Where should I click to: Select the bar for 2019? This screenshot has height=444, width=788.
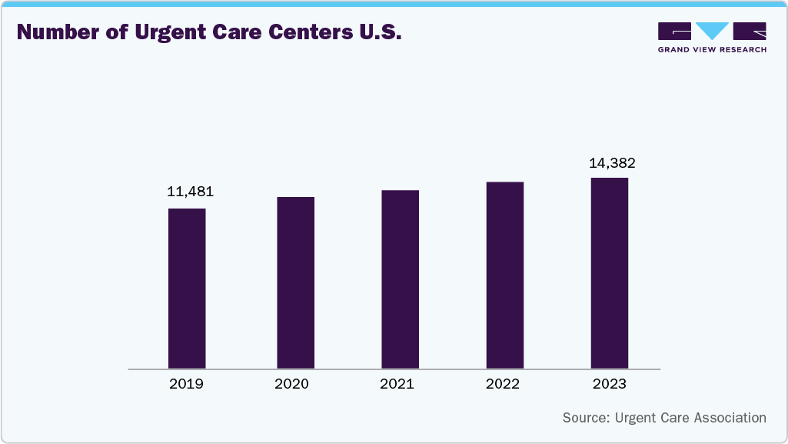coord(187,289)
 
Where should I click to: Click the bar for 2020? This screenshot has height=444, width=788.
coord(295,282)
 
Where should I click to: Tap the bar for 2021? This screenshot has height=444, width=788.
coord(400,279)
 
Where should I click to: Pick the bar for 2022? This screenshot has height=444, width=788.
coord(505,275)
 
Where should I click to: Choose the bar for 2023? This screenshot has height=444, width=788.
coord(610,273)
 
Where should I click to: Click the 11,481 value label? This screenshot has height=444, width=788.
coord(190,192)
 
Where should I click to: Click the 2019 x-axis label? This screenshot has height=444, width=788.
coord(186,384)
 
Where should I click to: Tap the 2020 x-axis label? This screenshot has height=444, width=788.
coord(291,384)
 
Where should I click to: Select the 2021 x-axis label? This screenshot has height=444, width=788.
coord(397,384)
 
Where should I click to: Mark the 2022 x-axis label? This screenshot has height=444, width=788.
coord(503,384)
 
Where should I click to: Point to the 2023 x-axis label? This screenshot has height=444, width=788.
coord(610,384)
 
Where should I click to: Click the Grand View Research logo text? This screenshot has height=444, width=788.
coord(712,49)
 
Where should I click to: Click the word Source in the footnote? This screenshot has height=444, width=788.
coord(586,418)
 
